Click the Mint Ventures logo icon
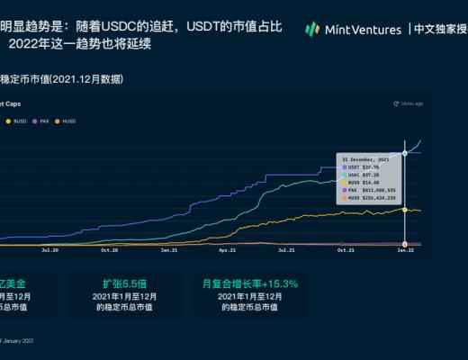[x=312, y=29]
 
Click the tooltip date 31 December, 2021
[x=364, y=158]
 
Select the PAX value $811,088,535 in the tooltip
[x=376, y=190]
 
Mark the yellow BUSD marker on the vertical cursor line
[x=405, y=210]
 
